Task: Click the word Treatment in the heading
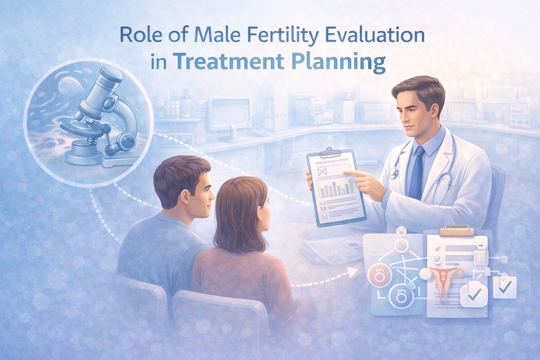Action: pyautogui.click(x=228, y=61)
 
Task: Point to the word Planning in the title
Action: pyautogui.click(x=338, y=63)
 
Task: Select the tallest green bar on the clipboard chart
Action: pyautogui.click(x=351, y=186)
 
